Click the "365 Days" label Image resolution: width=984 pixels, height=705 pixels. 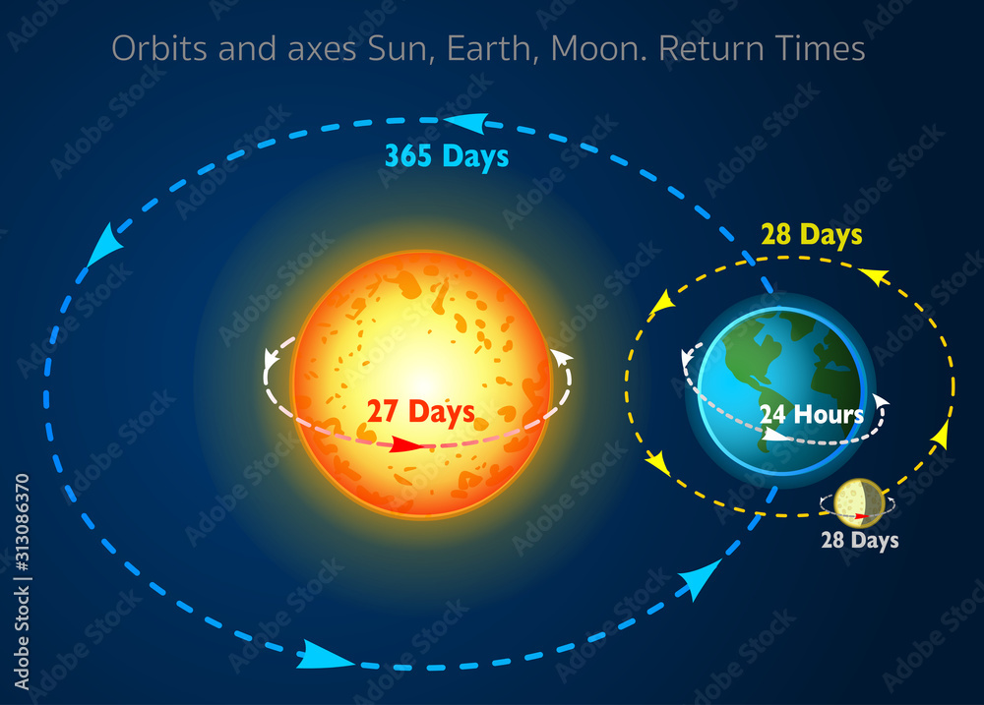[446, 156]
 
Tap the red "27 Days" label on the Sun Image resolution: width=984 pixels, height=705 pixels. [420, 412]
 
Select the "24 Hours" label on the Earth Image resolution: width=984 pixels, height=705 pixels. [811, 414]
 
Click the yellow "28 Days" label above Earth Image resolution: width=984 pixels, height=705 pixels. [811, 235]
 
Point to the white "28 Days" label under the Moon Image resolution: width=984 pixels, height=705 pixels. [860, 540]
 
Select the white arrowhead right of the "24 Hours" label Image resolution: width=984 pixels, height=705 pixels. [880, 401]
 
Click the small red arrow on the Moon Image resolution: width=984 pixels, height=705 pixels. [863, 514]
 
